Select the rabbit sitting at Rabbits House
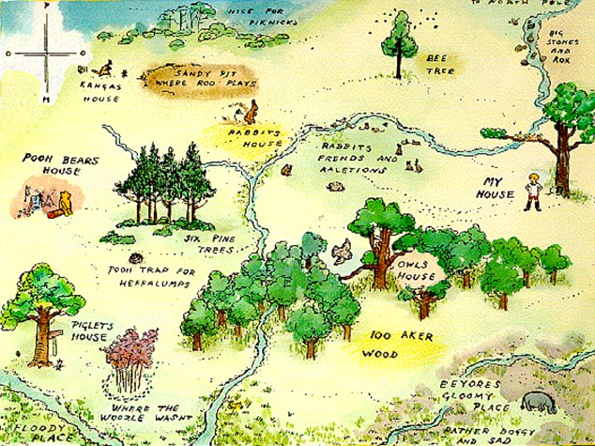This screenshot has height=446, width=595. point(251,114)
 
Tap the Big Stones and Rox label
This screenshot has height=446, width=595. point(561,46)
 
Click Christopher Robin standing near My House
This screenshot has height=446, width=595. point(534,189)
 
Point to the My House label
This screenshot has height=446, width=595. point(498,188)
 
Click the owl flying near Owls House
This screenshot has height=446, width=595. point(343,249)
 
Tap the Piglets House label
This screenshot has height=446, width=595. point(93,332)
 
